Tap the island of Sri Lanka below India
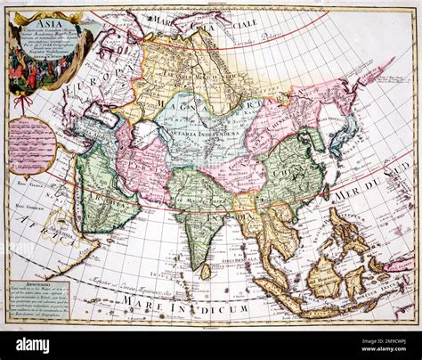point(206,270)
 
